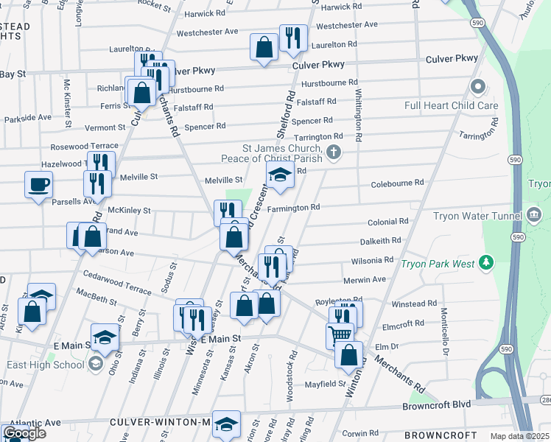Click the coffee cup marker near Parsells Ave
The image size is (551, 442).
coord(38,185)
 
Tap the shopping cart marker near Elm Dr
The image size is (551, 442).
coord(340,335)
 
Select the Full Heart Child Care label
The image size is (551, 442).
coord(451,105)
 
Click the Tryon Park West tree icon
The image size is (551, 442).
coord(485,262)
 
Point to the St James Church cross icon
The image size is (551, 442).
coord(334,152)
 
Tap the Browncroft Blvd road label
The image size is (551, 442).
coord(435,406)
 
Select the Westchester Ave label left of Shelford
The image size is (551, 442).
coord(207,32)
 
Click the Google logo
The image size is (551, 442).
coord(24,434)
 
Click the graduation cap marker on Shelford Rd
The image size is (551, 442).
coord(280,175)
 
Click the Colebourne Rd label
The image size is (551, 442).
coord(398,182)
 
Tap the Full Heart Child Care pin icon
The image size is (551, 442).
coord(478,88)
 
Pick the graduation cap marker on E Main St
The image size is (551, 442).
coord(105,337)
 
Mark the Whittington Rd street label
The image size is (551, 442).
coord(359,116)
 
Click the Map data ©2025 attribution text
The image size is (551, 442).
coord(519,436)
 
